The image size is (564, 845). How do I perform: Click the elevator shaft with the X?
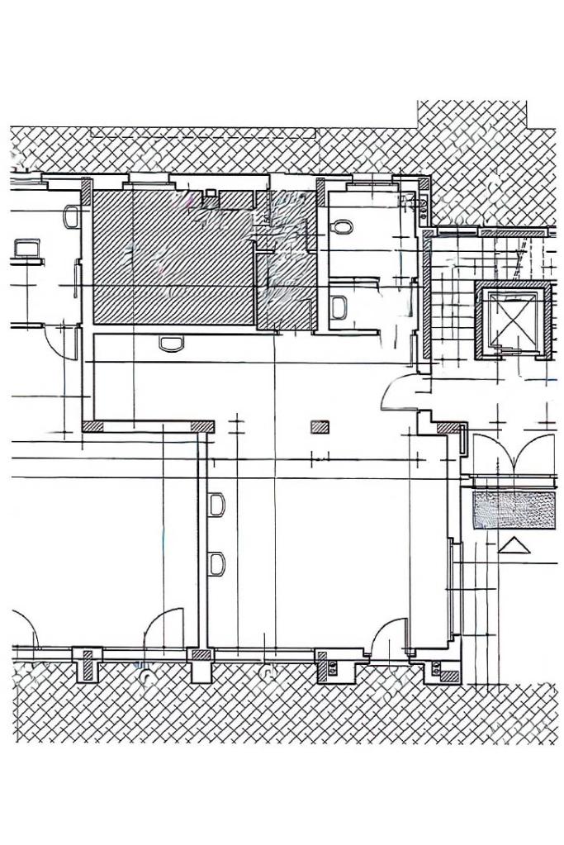click(513, 320)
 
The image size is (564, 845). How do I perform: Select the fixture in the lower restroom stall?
click(339, 307)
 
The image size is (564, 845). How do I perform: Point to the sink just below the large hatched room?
click(171, 343)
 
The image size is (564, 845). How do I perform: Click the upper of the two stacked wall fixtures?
click(217, 504)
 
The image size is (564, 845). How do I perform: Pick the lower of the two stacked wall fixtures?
click(217, 564)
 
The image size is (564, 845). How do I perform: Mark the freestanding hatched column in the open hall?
click(320, 427)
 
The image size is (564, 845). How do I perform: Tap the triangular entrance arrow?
click(514, 545)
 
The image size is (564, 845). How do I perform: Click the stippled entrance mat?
click(513, 510)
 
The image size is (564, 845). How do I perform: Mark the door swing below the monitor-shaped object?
click(59, 339)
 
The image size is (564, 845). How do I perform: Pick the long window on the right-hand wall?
click(452, 586)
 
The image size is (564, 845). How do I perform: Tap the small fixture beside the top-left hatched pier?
click(71, 217)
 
